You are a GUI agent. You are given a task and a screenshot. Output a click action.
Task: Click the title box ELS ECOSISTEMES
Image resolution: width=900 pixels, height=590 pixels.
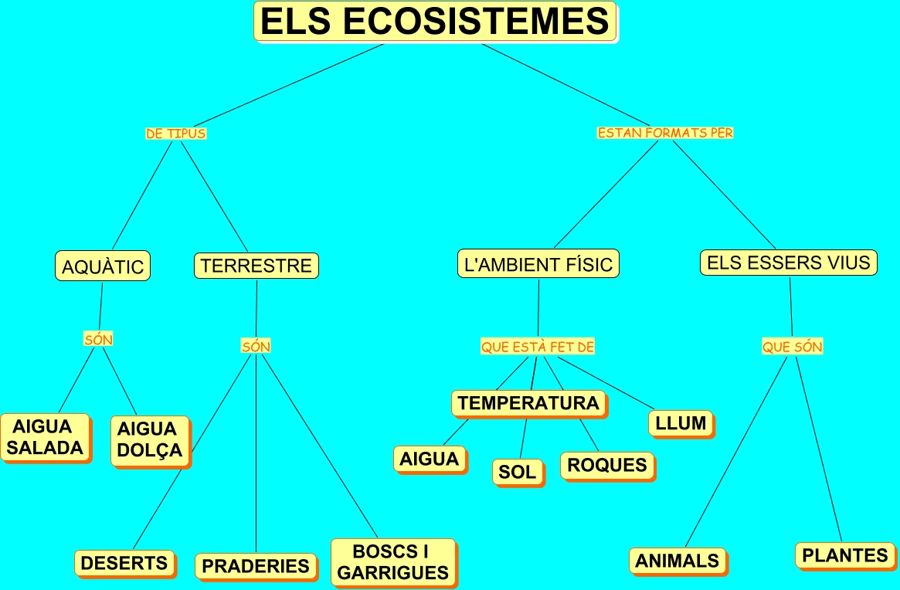(x=435, y=22)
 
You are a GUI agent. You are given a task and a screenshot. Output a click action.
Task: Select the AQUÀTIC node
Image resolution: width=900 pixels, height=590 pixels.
(x=103, y=266)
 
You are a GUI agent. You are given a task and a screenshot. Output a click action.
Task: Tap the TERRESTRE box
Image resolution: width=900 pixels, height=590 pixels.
(x=256, y=266)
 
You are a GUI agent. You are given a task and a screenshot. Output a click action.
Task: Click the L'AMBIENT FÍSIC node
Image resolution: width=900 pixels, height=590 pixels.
(x=538, y=265)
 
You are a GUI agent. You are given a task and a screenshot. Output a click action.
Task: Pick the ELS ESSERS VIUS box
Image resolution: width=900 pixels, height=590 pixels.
(x=788, y=263)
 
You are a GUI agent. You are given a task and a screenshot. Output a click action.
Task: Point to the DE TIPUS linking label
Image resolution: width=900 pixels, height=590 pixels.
(x=176, y=134)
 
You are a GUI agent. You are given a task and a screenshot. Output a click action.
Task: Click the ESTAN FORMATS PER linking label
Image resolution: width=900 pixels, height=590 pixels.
(x=665, y=133)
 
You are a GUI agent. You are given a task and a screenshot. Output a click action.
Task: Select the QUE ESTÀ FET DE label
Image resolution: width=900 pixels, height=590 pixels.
(x=538, y=348)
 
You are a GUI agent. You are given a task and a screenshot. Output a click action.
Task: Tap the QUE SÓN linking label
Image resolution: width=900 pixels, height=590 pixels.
(x=793, y=348)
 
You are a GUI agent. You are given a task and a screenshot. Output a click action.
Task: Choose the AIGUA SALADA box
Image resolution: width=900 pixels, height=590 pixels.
(x=46, y=437)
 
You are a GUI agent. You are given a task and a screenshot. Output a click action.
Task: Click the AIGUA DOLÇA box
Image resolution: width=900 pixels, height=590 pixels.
(x=149, y=440)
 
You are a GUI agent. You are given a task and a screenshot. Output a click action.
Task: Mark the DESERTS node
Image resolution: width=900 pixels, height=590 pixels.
(x=124, y=563)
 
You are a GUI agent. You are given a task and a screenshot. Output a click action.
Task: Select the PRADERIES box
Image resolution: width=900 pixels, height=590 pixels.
(x=255, y=566)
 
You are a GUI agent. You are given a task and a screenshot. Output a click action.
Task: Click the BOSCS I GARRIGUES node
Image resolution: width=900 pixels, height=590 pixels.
(x=392, y=562)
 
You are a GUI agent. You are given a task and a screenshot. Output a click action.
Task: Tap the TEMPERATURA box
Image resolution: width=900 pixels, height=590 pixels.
(x=528, y=403)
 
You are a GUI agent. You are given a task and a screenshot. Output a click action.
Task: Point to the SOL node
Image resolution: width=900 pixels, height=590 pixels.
(x=517, y=472)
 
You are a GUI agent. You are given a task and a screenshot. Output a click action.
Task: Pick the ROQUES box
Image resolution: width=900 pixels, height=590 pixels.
(x=606, y=465)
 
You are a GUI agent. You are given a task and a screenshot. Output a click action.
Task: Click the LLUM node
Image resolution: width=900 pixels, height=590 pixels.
(x=680, y=423)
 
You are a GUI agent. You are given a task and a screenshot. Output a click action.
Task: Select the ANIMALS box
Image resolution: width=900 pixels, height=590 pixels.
(x=677, y=561)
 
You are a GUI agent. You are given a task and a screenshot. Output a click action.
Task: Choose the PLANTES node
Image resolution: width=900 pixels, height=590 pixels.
(x=844, y=555)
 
